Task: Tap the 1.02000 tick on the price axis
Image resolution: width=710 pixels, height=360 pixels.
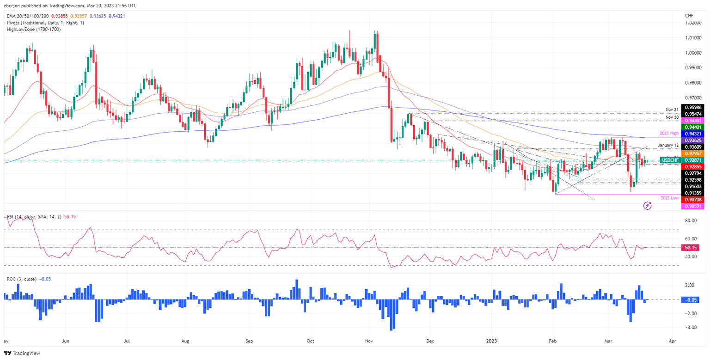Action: pos(694,23)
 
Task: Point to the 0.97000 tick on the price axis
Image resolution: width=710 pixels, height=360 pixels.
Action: pos(694,98)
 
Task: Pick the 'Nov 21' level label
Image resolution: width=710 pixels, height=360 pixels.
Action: pos(672,110)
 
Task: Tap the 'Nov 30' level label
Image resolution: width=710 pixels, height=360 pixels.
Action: pos(672,117)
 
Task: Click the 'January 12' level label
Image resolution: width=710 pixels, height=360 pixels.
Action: pos(668,145)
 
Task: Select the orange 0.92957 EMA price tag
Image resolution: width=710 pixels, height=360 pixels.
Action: pos(694,153)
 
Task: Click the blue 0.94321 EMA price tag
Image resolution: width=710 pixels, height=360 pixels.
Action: pos(694,133)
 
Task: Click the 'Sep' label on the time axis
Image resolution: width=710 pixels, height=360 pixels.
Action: pos(250,340)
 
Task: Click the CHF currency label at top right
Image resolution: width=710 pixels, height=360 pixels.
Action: pos(690,16)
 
